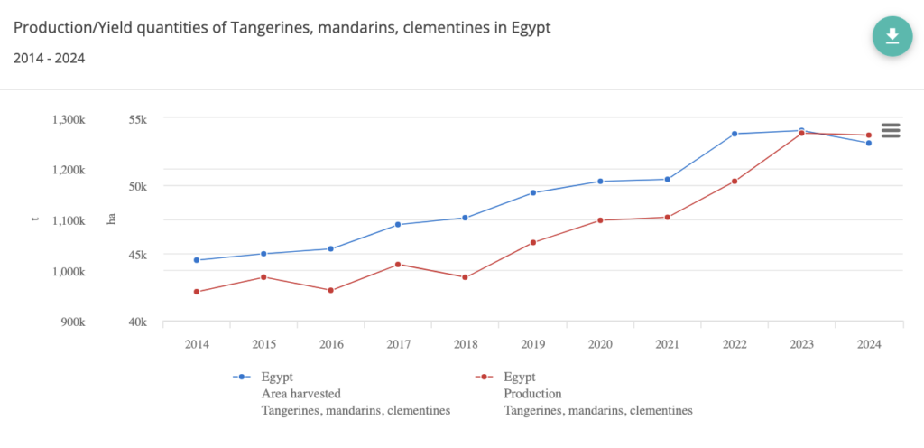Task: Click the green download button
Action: tap(892, 35)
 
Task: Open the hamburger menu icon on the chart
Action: tap(891, 130)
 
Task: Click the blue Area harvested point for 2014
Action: tap(197, 260)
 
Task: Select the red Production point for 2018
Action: tap(466, 277)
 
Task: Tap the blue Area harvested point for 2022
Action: tap(735, 134)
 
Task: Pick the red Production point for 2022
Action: tap(735, 182)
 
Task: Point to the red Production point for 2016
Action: tap(331, 290)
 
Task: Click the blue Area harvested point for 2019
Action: tap(533, 192)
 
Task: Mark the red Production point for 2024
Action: tap(869, 135)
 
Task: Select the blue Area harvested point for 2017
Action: tap(399, 224)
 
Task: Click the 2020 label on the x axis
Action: tap(600, 344)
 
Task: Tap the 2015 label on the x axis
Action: tap(263, 344)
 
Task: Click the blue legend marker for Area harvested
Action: tap(241, 377)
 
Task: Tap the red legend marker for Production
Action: tap(483, 377)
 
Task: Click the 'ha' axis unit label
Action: tap(112, 220)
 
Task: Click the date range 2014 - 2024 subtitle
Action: tap(50, 59)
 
